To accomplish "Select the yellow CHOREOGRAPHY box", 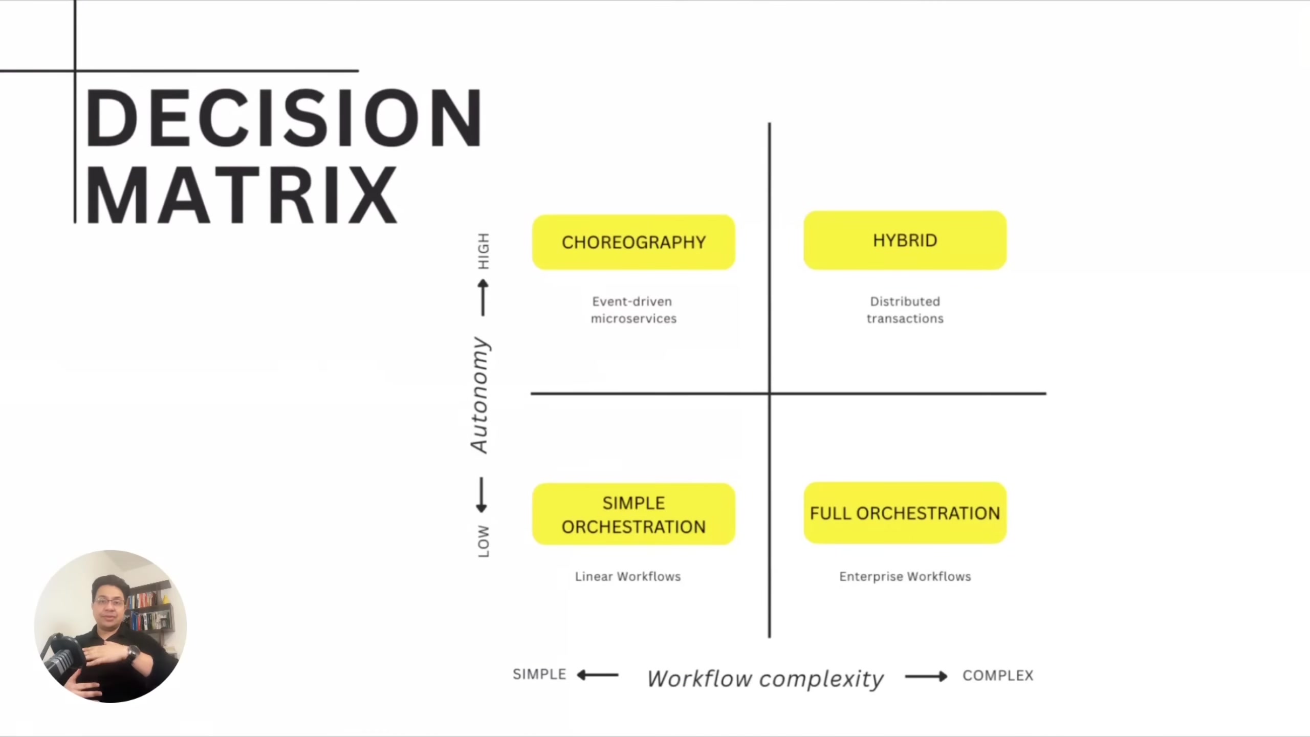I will click(634, 242).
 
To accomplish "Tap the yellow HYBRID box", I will click(905, 240).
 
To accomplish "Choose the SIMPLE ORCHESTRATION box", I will click(634, 514).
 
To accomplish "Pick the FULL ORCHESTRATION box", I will click(905, 513).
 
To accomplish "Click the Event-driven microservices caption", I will click(634, 310).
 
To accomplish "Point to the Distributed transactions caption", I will click(905, 310).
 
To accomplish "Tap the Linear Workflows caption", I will click(628, 576).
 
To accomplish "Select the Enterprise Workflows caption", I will click(905, 576).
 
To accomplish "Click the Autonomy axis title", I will click(480, 395).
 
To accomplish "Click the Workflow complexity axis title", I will click(765, 679).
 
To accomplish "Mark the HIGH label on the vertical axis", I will click(483, 251).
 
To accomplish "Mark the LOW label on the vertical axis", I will click(483, 541).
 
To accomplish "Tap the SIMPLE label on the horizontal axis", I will click(539, 674).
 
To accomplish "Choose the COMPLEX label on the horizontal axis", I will click(998, 676).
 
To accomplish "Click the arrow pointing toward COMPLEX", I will click(926, 677).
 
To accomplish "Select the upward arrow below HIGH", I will click(483, 297).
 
